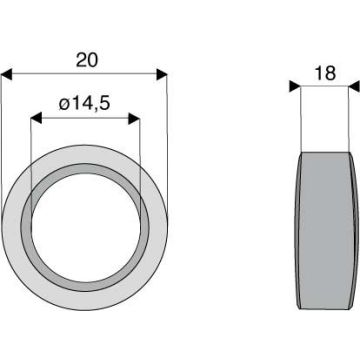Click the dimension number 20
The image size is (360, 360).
pos(87,61)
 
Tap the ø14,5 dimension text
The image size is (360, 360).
pos(84,104)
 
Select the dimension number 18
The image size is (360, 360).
pos(325,73)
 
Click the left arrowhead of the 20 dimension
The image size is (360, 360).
pos(6,75)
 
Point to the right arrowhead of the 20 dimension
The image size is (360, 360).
pos(162,75)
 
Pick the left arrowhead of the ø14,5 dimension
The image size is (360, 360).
pos(36,118)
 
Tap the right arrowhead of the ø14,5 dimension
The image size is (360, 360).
pos(134,118)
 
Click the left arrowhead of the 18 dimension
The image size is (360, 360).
pos(295,86)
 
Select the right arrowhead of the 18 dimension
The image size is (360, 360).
pos(354,86)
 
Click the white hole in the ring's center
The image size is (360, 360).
pos(86,228)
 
